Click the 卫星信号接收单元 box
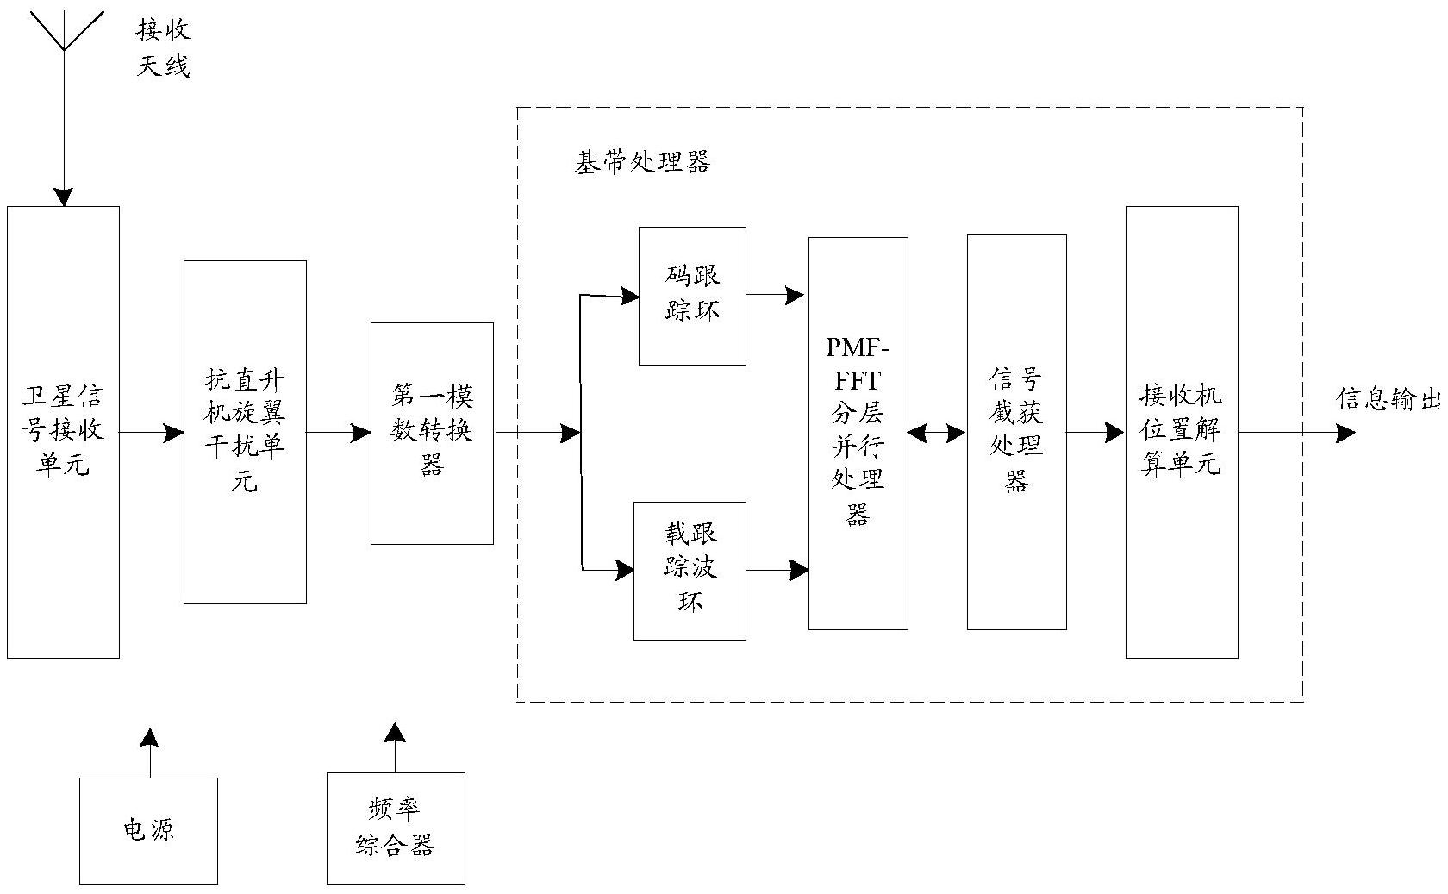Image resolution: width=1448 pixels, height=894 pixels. [63, 431]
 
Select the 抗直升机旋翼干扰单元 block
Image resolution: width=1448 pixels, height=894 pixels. [245, 431]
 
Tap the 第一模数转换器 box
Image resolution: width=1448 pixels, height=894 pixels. [432, 433]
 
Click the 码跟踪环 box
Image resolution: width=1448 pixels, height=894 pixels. [692, 296]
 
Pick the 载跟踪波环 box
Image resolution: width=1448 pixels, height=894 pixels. [690, 570]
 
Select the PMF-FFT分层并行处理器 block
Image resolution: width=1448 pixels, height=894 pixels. [858, 433]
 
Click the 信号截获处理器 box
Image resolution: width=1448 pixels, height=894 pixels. [1016, 432]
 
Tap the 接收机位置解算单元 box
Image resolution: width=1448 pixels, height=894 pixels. [1182, 432]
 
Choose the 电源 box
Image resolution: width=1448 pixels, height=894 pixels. [148, 830]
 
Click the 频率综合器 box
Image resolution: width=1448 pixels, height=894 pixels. [396, 828]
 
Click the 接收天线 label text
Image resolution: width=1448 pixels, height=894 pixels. [163, 48]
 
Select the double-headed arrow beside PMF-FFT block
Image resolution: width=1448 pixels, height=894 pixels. [937, 433]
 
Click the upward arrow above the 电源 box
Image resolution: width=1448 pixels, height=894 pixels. [150, 750]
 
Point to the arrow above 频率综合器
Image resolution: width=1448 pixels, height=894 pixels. [396, 746]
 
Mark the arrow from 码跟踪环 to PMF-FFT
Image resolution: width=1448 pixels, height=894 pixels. [776, 296]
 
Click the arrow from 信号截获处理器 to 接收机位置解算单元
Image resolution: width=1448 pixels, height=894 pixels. [1095, 433]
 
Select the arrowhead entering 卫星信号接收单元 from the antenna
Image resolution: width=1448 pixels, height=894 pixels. [64, 197]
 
